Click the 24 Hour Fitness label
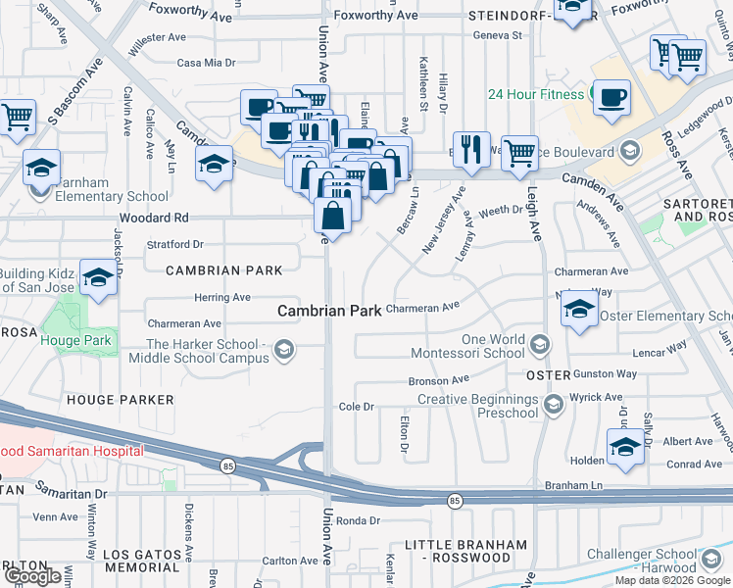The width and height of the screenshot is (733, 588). [x=536, y=94]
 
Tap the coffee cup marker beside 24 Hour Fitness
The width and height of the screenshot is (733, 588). [x=611, y=98]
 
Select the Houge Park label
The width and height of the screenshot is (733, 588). [x=77, y=342]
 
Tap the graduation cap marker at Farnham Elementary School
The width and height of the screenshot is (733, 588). [x=42, y=168]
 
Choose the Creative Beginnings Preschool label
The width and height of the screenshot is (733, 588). [x=479, y=406]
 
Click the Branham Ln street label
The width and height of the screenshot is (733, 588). [x=573, y=486]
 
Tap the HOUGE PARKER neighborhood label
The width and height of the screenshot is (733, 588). [x=121, y=400]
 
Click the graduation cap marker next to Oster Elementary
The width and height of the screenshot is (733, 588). [x=579, y=311]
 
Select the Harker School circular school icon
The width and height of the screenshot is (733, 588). [x=284, y=350]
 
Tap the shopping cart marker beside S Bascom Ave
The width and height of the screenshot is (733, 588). [x=18, y=118]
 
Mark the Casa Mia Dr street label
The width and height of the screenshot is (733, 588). [x=206, y=63]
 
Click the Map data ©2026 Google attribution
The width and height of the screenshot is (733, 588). [x=673, y=580]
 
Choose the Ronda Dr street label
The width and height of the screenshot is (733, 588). [x=357, y=521]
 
